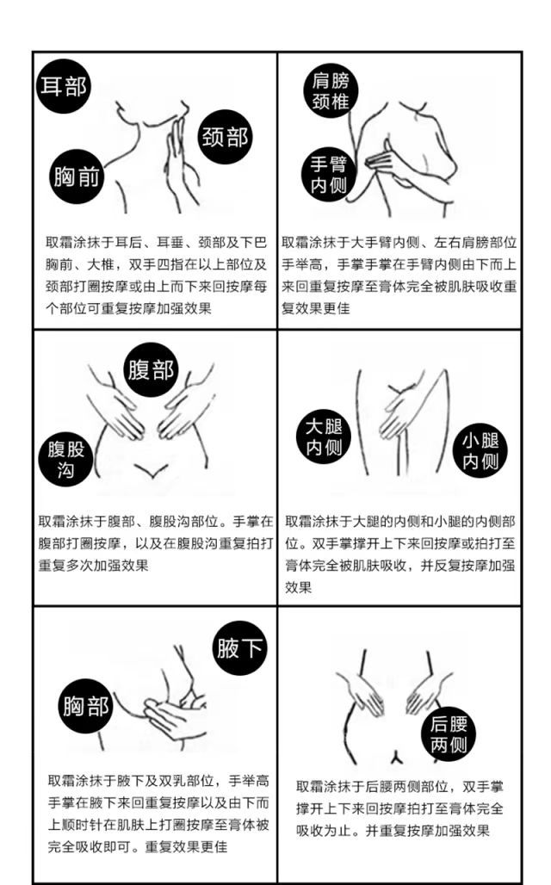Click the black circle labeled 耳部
[63, 86]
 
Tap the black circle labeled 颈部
[225, 137]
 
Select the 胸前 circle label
[77, 176]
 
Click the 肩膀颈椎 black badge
[331, 91]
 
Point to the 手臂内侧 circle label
[329, 175]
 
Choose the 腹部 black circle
[151, 370]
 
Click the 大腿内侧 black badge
[324, 436]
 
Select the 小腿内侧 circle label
[480, 450]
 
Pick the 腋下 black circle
[240, 648]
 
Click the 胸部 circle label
[86, 706]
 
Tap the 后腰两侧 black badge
[449, 734]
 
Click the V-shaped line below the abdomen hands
[150, 470]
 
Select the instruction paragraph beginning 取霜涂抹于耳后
[156, 275]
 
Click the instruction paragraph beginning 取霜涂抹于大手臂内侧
[399, 275]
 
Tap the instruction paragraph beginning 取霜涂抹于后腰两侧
[399, 808]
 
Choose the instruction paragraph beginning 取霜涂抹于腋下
[158, 814]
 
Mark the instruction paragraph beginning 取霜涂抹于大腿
[399, 554]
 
